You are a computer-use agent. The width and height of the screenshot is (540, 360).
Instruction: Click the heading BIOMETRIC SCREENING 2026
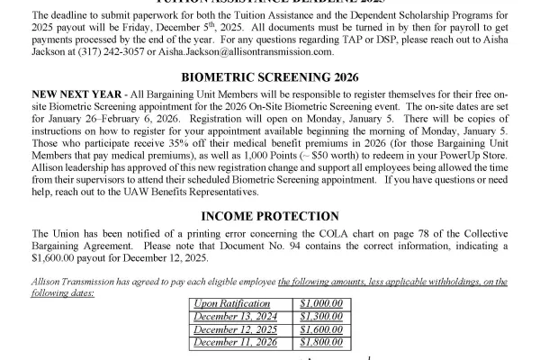[x=270, y=78]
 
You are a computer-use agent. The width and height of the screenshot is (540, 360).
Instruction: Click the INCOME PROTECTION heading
[x=270, y=216]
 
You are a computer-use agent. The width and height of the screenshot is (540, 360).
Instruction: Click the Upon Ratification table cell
[x=226, y=303]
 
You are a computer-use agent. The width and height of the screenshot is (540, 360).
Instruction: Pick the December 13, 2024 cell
[x=236, y=316]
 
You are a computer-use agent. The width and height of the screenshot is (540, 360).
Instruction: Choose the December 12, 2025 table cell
[x=236, y=329]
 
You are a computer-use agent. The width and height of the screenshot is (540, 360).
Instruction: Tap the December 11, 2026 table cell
[x=236, y=342]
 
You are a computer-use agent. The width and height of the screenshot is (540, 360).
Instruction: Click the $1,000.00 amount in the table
[x=321, y=303]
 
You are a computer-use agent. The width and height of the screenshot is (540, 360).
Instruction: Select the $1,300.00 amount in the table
[x=321, y=316]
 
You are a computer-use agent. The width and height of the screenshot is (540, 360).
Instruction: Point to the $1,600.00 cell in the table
[x=321, y=329]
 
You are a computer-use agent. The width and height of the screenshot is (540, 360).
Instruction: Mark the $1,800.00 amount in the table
[x=321, y=342]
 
